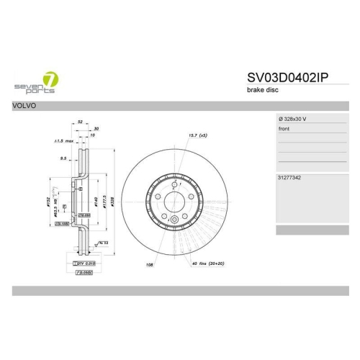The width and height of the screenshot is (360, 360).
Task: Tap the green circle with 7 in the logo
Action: coord(50,78)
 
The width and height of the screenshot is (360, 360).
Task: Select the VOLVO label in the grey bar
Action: coord(26,105)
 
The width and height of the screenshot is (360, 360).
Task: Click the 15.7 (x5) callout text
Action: coord(197,135)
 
